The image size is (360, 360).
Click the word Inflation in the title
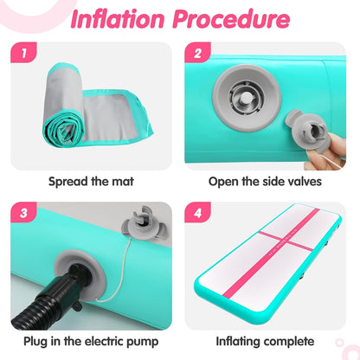coord(118,20)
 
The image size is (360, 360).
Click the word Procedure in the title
coord(231,20)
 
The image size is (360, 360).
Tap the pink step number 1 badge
coord(23,53)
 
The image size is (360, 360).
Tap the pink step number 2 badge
coord(197,53)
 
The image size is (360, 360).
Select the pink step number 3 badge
coord(23,212)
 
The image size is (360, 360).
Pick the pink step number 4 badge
coord(197,212)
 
